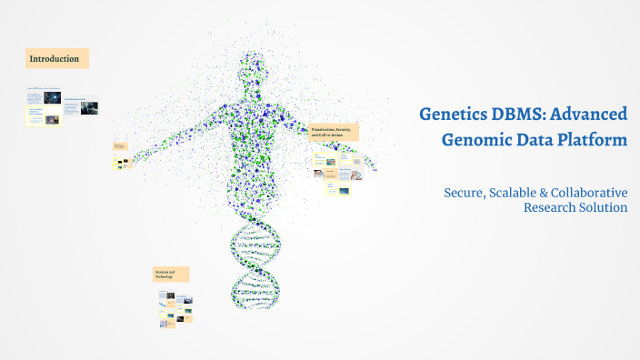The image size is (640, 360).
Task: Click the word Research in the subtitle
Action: [x=551, y=207]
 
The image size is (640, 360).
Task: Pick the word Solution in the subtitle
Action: [x=605, y=207]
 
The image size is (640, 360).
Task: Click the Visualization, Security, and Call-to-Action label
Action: [x=334, y=133]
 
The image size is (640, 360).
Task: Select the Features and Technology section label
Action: [x=171, y=274]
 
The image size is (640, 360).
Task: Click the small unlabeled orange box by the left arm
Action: [x=120, y=145]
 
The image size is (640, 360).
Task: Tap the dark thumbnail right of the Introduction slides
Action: [x=88, y=107]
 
